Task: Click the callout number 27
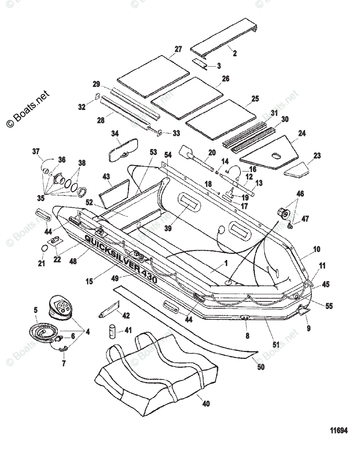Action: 178,49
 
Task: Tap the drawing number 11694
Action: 339,431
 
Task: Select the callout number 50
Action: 261,367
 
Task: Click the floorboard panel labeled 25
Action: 221,120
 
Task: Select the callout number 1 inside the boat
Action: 226,263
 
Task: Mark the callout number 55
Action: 329,306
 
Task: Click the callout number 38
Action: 82,163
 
